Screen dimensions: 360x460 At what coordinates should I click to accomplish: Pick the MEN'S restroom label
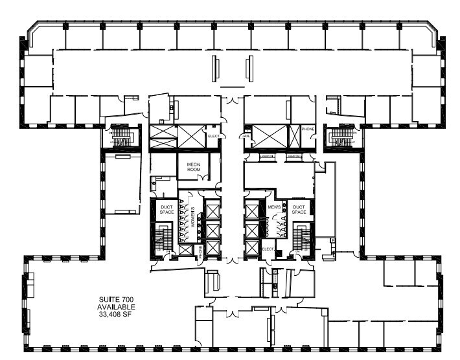point(274,207)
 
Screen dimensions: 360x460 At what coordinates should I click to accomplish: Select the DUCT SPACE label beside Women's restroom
point(166,209)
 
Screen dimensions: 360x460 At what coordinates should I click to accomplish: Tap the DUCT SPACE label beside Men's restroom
point(299,209)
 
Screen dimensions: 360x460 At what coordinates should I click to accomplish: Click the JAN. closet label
point(247,137)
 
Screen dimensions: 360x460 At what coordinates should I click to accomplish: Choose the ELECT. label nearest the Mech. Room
point(215,136)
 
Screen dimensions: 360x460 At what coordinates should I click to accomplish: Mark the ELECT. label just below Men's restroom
point(269,249)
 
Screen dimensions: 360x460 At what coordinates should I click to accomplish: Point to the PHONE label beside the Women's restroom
point(200,251)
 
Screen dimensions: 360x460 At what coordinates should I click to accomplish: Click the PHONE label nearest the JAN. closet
point(308,129)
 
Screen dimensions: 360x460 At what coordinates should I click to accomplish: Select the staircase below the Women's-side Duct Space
point(163,240)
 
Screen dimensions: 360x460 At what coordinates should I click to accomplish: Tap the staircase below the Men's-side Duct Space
point(299,239)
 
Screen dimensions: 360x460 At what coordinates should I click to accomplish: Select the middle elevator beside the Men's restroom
point(252,230)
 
